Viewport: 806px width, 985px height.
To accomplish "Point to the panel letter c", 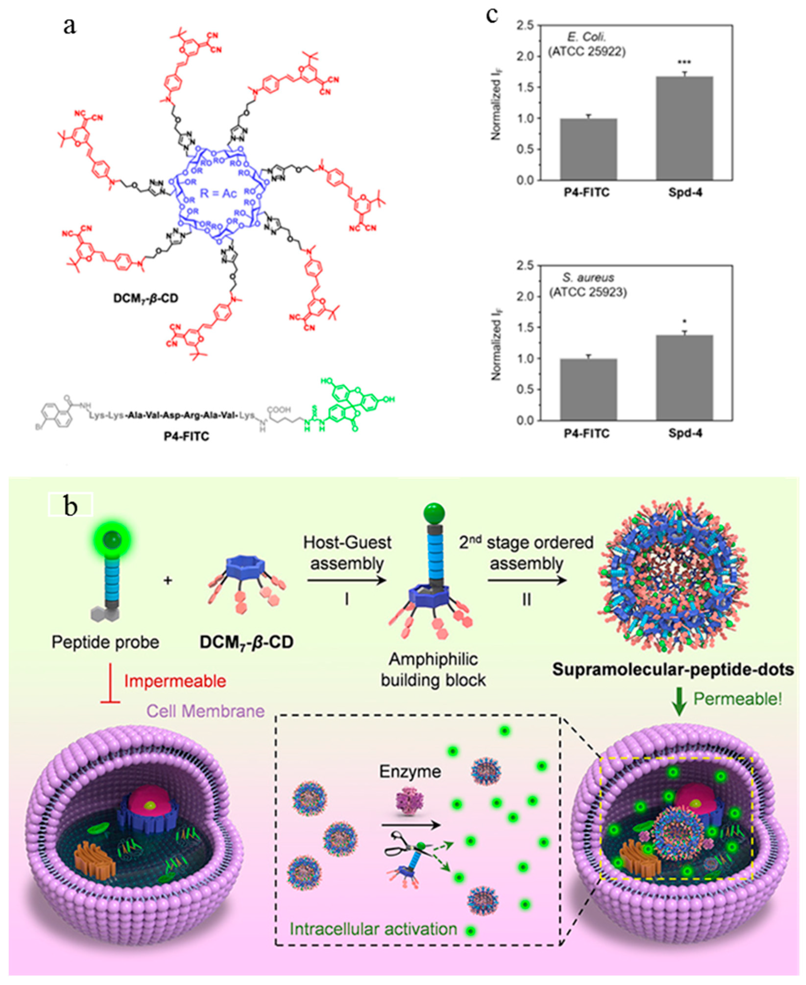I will [492, 15].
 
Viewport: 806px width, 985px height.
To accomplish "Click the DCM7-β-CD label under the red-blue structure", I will [145, 298].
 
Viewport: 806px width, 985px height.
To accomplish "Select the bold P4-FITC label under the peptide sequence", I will [186, 436].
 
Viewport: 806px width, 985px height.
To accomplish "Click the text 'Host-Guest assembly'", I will [347, 553].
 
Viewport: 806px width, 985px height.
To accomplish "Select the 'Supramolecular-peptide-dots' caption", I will [673, 669].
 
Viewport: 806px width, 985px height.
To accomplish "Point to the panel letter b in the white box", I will [71, 506].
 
